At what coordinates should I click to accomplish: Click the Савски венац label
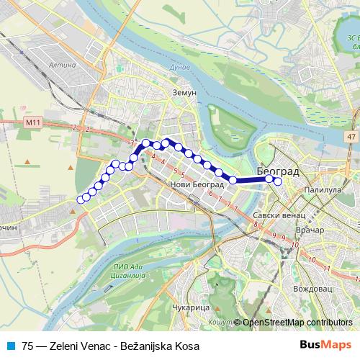[280, 215]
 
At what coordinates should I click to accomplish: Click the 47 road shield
[351, 135]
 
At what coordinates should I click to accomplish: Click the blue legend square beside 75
[9, 345]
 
